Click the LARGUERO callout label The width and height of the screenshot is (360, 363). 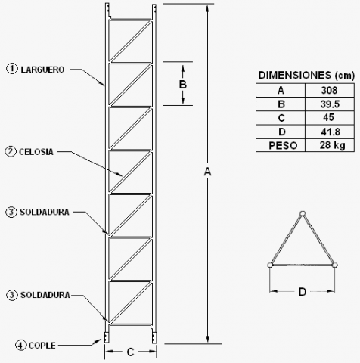[x=42, y=70]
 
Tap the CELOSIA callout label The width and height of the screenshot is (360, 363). [x=36, y=152]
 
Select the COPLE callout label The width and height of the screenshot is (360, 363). [x=42, y=346]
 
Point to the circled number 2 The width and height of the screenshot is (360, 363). [x=11, y=152]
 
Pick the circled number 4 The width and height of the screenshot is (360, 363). [x=20, y=345]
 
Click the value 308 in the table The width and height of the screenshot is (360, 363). [x=329, y=90]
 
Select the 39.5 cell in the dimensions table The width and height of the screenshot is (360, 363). [x=330, y=104]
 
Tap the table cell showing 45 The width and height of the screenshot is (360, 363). [x=328, y=117]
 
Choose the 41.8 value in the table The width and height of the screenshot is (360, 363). [x=331, y=132]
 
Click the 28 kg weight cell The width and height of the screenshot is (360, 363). [x=333, y=145]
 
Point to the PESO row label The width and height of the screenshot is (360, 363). [x=283, y=146]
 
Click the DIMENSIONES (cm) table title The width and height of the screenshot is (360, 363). [x=306, y=75]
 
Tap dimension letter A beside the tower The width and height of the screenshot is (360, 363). [x=207, y=172]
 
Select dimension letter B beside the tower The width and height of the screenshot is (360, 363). [x=183, y=85]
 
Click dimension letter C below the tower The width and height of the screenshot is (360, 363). [x=130, y=352]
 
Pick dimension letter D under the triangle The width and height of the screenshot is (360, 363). [x=303, y=292]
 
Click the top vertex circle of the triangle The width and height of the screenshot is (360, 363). [x=303, y=213]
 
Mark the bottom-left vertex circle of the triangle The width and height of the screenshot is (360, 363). [x=270, y=265]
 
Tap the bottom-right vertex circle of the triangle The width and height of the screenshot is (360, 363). [x=335, y=265]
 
